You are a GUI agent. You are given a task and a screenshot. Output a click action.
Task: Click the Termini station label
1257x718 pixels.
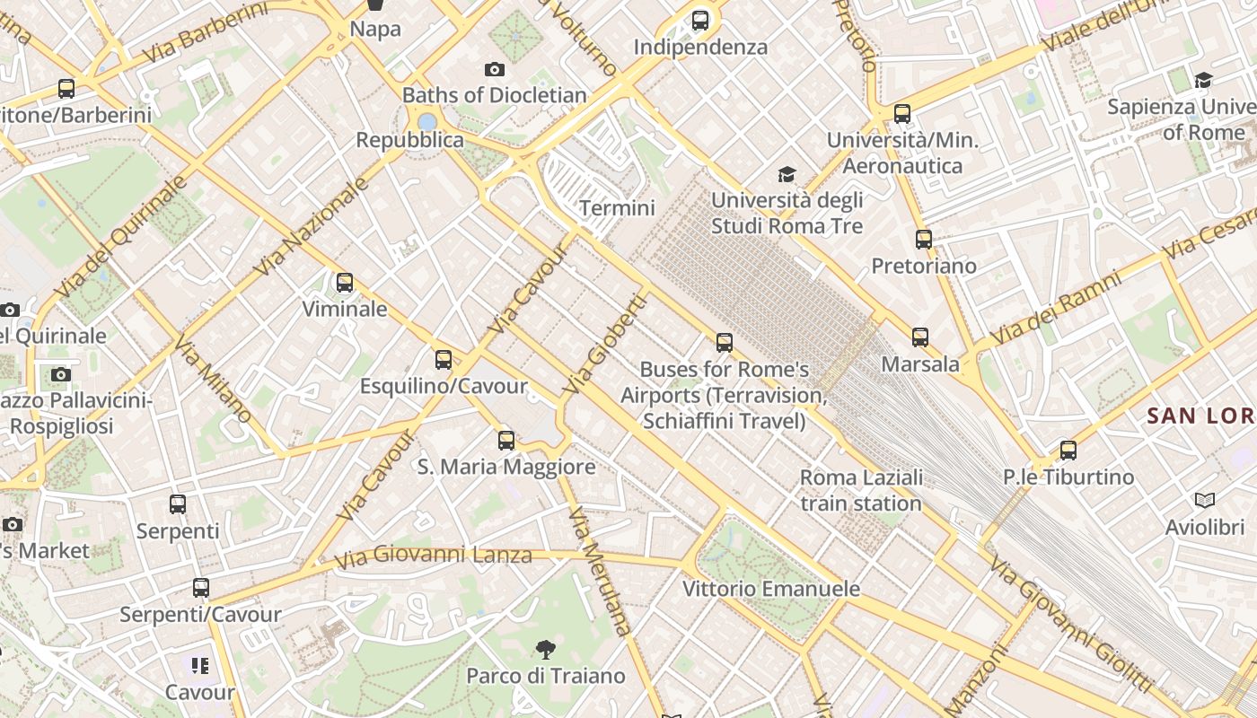click(x=617, y=208)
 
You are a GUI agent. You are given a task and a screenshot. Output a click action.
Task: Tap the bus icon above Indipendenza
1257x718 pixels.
click(x=700, y=20)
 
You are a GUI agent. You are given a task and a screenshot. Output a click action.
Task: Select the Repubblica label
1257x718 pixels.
click(x=410, y=140)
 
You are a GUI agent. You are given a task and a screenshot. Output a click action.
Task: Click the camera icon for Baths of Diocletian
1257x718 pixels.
click(x=494, y=69)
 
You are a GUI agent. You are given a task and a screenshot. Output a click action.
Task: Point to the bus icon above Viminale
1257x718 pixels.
click(x=345, y=284)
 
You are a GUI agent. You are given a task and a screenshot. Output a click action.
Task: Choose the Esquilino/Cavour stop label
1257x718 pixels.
click(x=444, y=386)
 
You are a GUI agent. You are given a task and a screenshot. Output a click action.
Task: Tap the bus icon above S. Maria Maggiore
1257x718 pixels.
click(x=506, y=441)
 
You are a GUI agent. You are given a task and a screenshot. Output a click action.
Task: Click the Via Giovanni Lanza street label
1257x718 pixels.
click(x=433, y=556)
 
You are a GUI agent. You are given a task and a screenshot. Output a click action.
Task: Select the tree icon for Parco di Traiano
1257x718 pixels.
click(x=545, y=650)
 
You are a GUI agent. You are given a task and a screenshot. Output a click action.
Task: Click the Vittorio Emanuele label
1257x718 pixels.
click(x=771, y=589)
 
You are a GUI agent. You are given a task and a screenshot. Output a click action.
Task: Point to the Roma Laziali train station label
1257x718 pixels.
click(x=861, y=490)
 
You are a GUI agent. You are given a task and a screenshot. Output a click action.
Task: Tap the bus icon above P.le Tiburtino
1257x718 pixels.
click(x=1068, y=451)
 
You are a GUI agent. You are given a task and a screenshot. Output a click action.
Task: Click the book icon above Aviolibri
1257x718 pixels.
click(x=1204, y=500)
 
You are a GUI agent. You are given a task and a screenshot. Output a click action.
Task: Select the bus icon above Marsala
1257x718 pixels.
click(x=920, y=337)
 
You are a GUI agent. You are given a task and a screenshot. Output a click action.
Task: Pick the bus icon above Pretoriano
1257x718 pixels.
click(x=924, y=240)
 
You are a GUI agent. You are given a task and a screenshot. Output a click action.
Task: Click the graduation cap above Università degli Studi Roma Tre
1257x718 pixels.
click(x=787, y=174)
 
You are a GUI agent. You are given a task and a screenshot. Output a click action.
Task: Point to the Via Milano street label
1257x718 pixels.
click(x=213, y=380)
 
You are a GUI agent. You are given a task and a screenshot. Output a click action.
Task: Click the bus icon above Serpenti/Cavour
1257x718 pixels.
click(x=201, y=588)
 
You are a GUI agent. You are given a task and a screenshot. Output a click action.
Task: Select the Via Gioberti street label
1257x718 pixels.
click(x=604, y=346)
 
